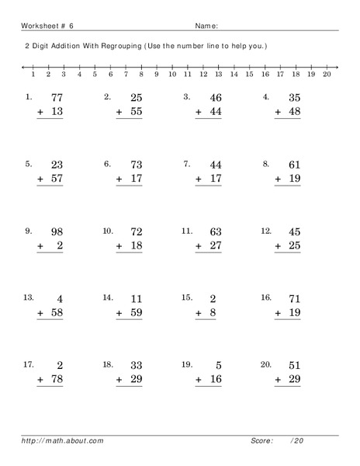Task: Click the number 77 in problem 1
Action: [x=56, y=98]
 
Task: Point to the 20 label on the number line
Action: [x=326, y=75]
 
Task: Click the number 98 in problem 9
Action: [x=56, y=231]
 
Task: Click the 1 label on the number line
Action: [x=33, y=75]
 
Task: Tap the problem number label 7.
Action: [x=186, y=164]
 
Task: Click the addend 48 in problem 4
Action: [x=293, y=112]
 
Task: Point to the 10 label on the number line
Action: [x=171, y=75]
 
